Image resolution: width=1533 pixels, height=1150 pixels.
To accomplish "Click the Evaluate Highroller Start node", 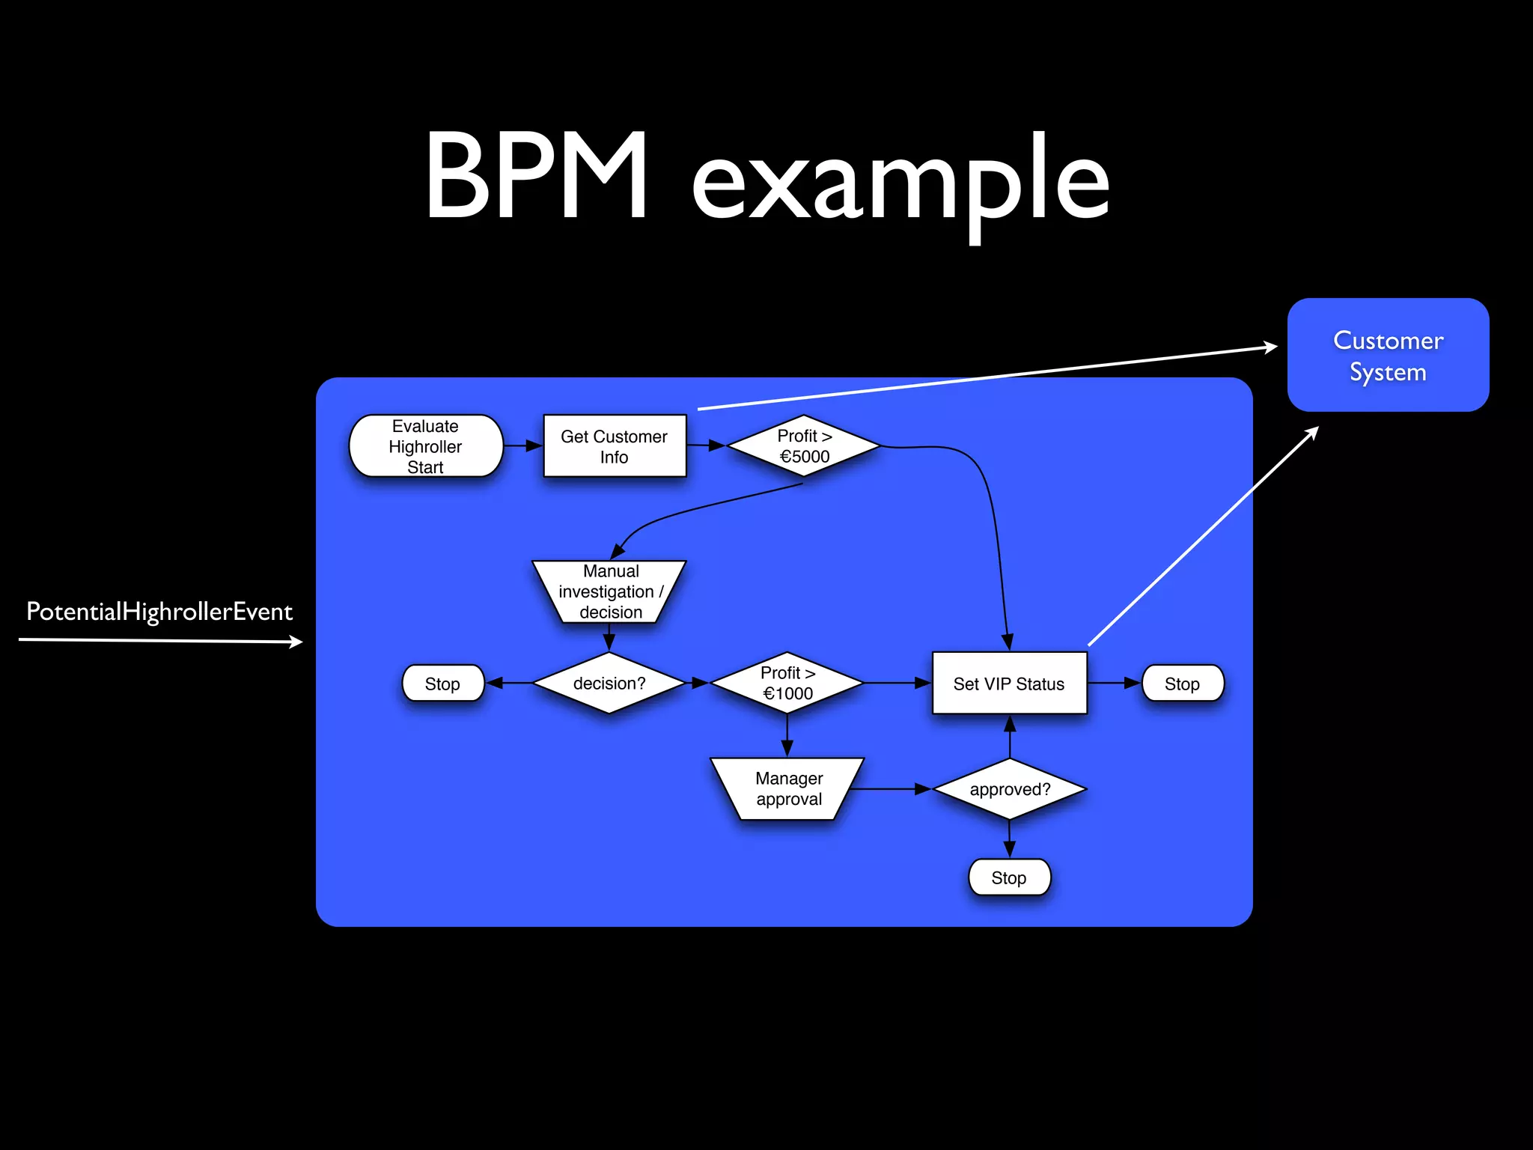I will pos(425,446).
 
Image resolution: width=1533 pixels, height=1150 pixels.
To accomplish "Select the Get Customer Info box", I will pos(614,446).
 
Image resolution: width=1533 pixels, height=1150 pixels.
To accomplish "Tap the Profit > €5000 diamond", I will pos(804,446).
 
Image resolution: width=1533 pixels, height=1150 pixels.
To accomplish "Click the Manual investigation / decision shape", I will pos(609,591).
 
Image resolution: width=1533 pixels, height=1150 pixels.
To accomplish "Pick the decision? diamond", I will pos(609,683).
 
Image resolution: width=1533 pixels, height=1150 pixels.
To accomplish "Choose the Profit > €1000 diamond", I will pos(787,683).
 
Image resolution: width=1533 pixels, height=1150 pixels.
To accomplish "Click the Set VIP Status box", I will pos(1008,683).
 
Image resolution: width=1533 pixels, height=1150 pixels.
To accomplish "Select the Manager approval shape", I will pos(787,788).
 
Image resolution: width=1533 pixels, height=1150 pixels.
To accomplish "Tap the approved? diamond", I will pos(1009,789).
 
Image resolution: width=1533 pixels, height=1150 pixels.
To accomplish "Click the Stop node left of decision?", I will pos(442,683).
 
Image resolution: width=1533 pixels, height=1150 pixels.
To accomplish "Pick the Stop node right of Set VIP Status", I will pos(1182,683).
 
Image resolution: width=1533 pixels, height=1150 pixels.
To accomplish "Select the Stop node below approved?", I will pos(1008,877).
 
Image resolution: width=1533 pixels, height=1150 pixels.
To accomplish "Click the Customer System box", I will pos(1388,355).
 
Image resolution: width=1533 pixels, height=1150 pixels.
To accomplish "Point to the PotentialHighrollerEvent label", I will pos(159,612).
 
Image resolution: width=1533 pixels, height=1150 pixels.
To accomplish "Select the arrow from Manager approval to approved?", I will pos(891,789).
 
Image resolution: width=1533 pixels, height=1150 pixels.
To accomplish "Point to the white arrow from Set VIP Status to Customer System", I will pos(1202,536).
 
